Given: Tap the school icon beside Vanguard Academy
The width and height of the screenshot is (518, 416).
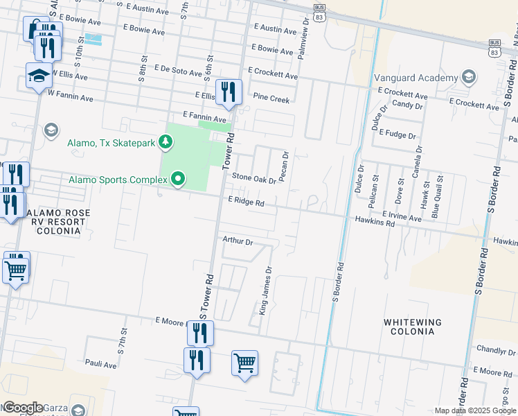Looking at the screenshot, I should (x=469, y=77).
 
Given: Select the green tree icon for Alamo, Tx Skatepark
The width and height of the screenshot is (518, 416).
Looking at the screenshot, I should (x=165, y=143).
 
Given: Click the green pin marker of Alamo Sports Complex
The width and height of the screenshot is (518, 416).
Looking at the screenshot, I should (x=178, y=180).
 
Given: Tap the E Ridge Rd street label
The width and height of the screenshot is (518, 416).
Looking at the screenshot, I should (x=247, y=202).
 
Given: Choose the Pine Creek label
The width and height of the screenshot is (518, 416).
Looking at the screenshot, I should (x=271, y=99).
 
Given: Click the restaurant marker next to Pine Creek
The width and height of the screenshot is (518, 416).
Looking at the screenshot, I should (x=228, y=92).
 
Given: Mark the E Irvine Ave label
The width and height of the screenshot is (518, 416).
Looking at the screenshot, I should (x=402, y=218).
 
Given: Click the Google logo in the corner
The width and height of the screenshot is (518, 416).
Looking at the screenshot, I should (x=23, y=408).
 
